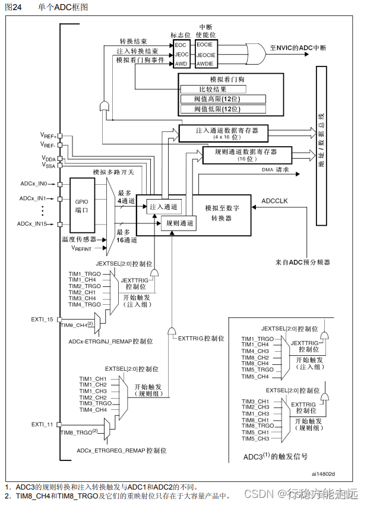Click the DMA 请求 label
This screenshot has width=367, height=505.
click(x=276, y=170)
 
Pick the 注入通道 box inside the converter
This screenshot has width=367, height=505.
click(x=164, y=206)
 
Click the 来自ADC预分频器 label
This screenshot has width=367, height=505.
click(x=302, y=262)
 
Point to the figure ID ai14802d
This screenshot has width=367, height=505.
click(x=323, y=474)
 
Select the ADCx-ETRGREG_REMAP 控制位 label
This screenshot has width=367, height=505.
click(x=118, y=452)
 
